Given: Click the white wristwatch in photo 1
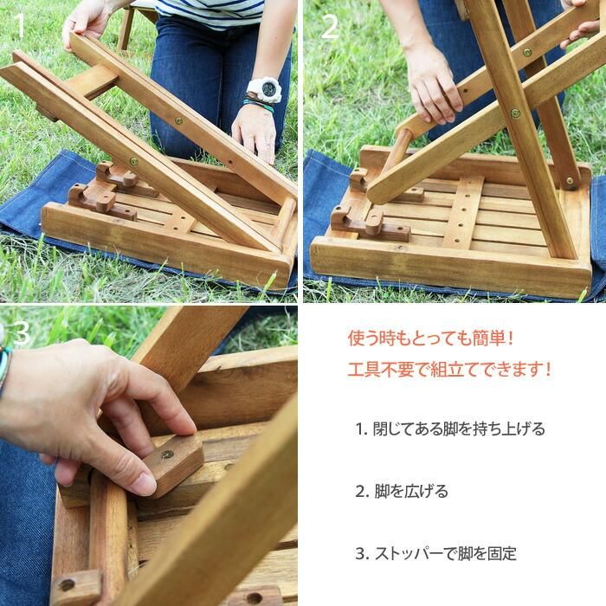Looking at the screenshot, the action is click(264, 90).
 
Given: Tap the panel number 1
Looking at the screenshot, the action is click(18, 25).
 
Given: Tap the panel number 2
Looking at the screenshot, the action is click(330, 27).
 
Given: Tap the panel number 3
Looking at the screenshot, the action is click(22, 332).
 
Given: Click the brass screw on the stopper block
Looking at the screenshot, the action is click(167, 455).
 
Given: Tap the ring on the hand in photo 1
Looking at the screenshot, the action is click(268, 144).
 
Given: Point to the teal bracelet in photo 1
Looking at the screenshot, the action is click(258, 105).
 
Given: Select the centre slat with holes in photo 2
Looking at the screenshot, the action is click(464, 213).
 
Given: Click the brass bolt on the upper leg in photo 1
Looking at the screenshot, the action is click(178, 120).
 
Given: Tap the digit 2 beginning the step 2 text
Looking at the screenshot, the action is click(360, 492).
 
